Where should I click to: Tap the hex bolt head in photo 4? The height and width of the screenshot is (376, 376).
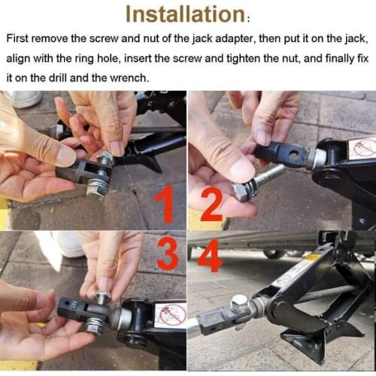click(240, 303)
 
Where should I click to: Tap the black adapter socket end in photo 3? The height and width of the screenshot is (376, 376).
click(71, 308)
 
